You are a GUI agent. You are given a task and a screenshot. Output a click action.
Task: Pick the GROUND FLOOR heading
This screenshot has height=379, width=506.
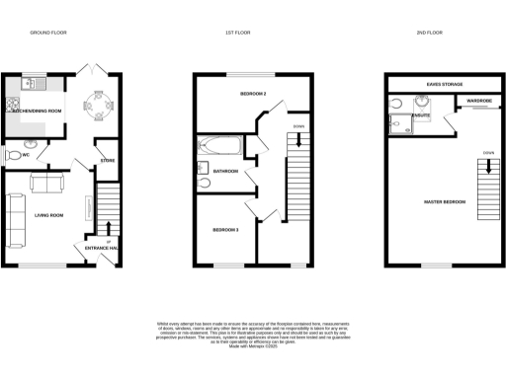tap(46, 33)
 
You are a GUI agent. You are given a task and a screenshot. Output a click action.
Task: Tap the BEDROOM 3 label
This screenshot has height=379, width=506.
tap(225, 229)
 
